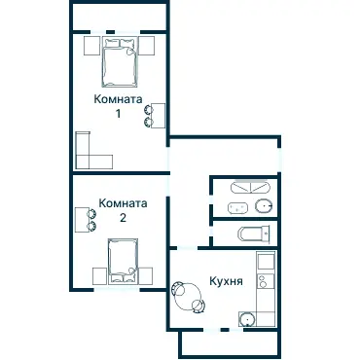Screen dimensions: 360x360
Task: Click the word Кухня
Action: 226,281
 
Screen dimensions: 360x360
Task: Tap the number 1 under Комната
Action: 118,114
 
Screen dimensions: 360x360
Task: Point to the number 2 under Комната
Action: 123,218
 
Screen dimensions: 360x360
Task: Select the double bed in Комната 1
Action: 119,62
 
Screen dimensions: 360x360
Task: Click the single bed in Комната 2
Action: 123,261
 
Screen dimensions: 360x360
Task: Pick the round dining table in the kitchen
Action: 188,297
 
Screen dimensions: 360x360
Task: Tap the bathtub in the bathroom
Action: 250,188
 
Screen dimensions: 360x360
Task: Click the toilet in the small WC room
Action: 254,234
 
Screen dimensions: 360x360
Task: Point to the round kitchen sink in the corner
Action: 247,319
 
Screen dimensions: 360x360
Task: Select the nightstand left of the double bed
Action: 92,46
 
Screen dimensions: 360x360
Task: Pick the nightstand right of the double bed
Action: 147,46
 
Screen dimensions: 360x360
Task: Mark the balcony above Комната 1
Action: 119,17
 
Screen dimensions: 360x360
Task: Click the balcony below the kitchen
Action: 229,344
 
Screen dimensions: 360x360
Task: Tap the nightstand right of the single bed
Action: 145,276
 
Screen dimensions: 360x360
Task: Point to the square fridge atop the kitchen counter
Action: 266,262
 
